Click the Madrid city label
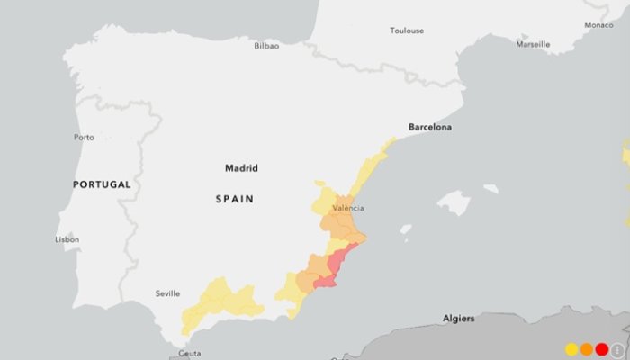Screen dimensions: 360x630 [241, 168]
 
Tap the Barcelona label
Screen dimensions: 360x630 [430, 127]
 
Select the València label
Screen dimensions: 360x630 [348, 208]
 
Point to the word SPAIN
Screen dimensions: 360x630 [234, 199]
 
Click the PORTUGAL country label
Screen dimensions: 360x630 [102, 184]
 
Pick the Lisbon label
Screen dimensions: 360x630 [67, 239]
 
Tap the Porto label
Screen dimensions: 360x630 [84, 138]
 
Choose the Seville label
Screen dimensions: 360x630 [167, 293]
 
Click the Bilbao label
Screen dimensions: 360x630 [266, 46]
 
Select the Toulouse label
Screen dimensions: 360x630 [407, 31]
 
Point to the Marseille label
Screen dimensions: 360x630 [533, 44]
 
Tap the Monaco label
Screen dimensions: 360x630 [598, 25]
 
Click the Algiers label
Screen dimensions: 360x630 [459, 319]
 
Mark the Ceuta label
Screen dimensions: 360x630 [190, 354]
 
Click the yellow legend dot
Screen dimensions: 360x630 [571, 349]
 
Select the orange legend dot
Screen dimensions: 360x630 [587, 349]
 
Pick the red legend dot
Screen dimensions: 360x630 [602, 349]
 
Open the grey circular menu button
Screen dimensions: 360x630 [617, 349]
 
